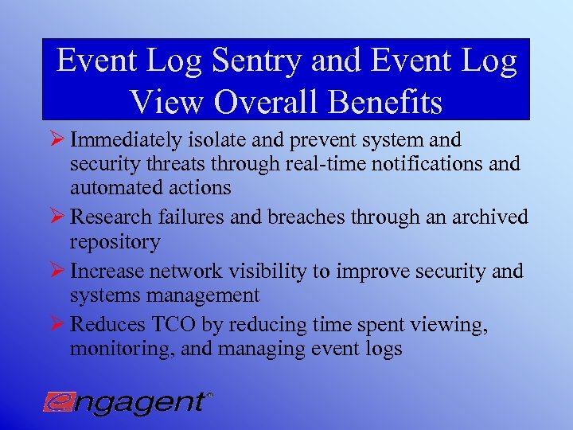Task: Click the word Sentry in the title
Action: pyautogui.click(x=255, y=62)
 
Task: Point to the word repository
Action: pyautogui.click(x=115, y=240)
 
